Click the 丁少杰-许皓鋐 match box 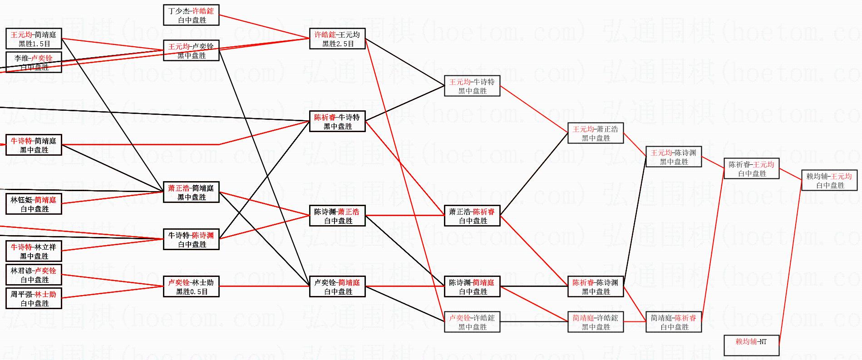[x=191, y=15]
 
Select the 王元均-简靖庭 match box [x=34, y=39]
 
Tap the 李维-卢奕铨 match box [x=34, y=62]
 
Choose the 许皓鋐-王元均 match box [x=337, y=39]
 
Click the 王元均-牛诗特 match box [x=472, y=86]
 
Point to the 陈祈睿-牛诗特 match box [x=337, y=121]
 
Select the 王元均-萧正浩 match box [x=596, y=133]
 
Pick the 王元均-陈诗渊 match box [x=674, y=157]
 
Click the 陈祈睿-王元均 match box [x=752, y=168]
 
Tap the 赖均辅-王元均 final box [x=829, y=180]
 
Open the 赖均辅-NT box [x=752, y=345]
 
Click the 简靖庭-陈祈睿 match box [x=674, y=322]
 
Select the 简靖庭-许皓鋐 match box [x=596, y=322]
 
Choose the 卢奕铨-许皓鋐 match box [x=472, y=322]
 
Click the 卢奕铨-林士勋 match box [x=191, y=286]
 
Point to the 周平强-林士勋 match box [x=34, y=298]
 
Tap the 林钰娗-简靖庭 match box [x=34, y=204]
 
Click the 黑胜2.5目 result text [x=338, y=44]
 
